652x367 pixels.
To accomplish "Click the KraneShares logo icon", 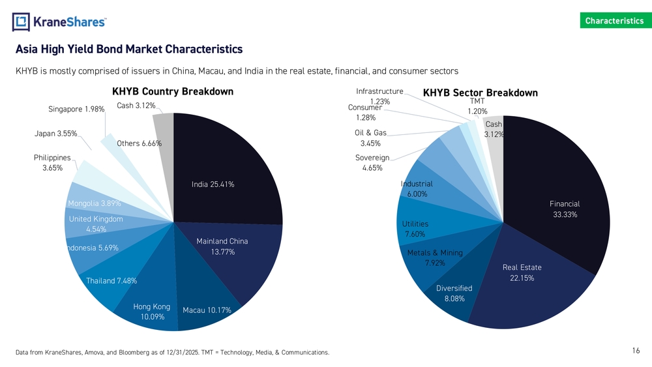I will click(22, 22).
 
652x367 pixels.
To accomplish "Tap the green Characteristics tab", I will click(614, 20).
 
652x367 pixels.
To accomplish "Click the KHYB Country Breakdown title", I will click(173, 91).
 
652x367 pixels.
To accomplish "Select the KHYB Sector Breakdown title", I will click(480, 93).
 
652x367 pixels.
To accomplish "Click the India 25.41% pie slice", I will click(213, 184).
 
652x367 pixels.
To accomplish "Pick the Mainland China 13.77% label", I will click(222, 246).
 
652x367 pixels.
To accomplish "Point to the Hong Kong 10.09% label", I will click(151, 312).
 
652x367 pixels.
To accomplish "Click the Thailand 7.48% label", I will click(111, 281).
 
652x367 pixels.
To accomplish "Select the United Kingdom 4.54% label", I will click(96, 224).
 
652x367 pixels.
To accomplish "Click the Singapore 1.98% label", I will click(76, 109).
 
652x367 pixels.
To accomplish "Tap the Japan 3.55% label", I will click(56, 134).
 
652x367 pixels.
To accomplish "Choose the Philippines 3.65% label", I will click(52, 162).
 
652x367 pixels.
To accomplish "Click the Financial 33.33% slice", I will click(565, 209).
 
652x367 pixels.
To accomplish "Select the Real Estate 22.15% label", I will click(522, 272).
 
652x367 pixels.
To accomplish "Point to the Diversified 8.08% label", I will click(454, 293).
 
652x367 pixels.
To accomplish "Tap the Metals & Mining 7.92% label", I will click(434, 257).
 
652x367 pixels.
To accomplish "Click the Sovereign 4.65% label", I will click(372, 162).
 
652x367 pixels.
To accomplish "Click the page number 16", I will click(636, 351).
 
